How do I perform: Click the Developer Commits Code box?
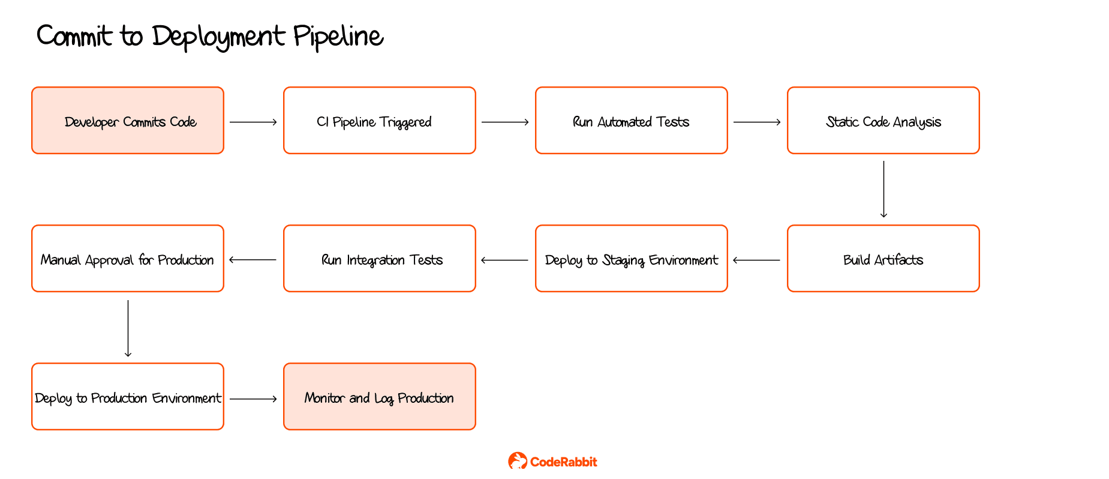pos(128,121)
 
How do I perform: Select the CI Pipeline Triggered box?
pos(380,121)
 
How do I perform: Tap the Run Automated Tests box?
pos(632,121)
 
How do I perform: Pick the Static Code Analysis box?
pos(883,121)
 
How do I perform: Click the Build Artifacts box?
pos(883,259)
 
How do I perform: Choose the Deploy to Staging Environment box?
pos(632,259)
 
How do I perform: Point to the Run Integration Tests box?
pos(380,259)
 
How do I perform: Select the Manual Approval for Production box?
pos(128,259)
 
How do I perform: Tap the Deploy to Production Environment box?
pos(128,397)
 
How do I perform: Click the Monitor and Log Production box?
pos(380,397)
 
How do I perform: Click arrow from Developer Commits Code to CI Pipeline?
pos(253,122)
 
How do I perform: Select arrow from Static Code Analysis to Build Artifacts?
pos(883,189)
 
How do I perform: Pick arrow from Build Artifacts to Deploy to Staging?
pos(757,261)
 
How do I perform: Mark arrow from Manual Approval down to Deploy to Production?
pos(128,328)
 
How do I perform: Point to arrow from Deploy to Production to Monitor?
pos(253,399)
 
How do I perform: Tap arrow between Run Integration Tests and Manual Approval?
pos(253,261)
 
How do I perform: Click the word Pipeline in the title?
pos(338,37)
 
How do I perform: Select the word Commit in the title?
pos(74,36)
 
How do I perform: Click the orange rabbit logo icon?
pos(517,461)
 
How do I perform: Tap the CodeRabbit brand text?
pos(564,462)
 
